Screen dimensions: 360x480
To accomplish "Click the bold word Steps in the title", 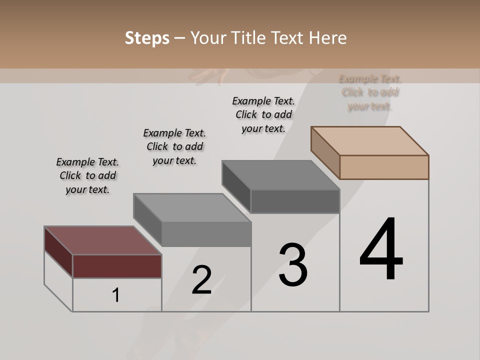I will click(x=147, y=38).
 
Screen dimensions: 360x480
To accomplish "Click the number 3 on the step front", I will click(x=293, y=265).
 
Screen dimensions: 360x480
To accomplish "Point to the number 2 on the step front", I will click(x=201, y=280).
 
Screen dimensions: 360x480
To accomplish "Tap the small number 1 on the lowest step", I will click(x=116, y=295).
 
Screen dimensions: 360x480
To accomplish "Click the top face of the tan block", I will click(x=369, y=140).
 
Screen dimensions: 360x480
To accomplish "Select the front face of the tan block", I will click(x=384, y=167).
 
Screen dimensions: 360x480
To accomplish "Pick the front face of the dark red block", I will click(x=117, y=266).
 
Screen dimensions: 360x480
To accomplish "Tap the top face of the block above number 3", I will click(x=280, y=175).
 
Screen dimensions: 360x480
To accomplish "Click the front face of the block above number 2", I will click(x=206, y=234).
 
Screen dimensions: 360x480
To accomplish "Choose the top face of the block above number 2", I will click(x=192, y=207).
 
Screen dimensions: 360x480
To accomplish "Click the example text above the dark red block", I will click(x=87, y=175).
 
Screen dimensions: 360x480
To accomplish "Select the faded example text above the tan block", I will click(x=370, y=92).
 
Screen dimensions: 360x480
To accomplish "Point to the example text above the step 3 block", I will click(x=263, y=114).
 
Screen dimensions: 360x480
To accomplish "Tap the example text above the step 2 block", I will click(x=174, y=146).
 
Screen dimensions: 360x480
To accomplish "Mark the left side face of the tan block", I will click(x=325, y=152).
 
